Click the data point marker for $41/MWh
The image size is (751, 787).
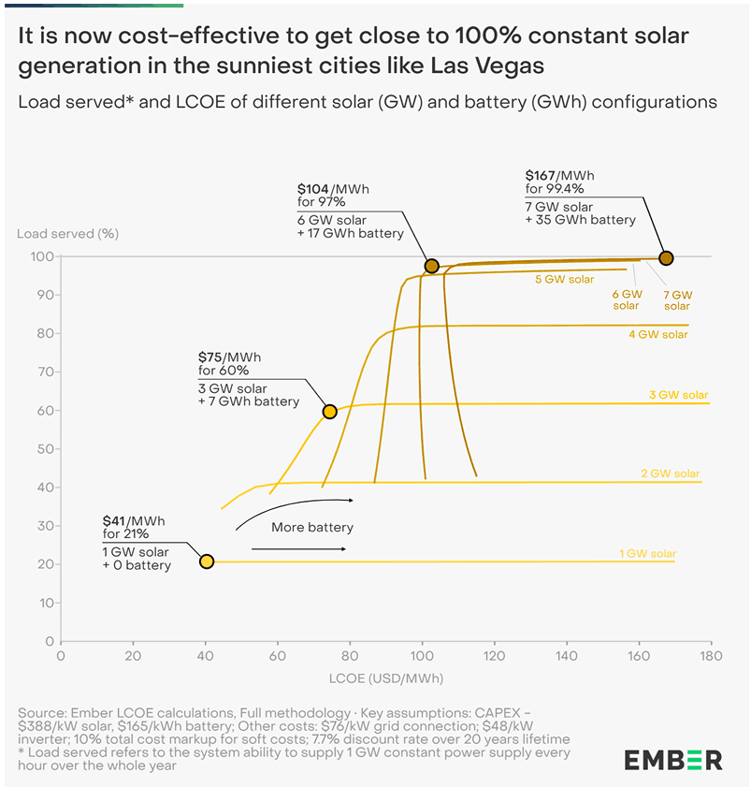pyautogui.click(x=207, y=561)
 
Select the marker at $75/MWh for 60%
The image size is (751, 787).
pyautogui.click(x=329, y=411)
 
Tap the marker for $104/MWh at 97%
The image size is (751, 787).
pyautogui.click(x=431, y=266)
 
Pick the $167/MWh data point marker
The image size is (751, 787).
pyautogui.click(x=666, y=257)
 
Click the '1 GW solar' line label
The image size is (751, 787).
pyautogui.click(x=647, y=554)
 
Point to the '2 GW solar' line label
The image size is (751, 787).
pyautogui.click(x=671, y=474)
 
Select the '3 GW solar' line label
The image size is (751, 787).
pyautogui.click(x=679, y=395)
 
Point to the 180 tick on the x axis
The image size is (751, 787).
pyautogui.click(x=711, y=658)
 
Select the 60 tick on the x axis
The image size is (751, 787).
pyautogui.click(x=278, y=658)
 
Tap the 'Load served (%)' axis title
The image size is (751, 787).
pyautogui.click(x=68, y=233)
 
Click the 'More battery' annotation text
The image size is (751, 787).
pyautogui.click(x=312, y=528)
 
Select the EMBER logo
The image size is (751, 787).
pyautogui.click(x=673, y=759)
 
